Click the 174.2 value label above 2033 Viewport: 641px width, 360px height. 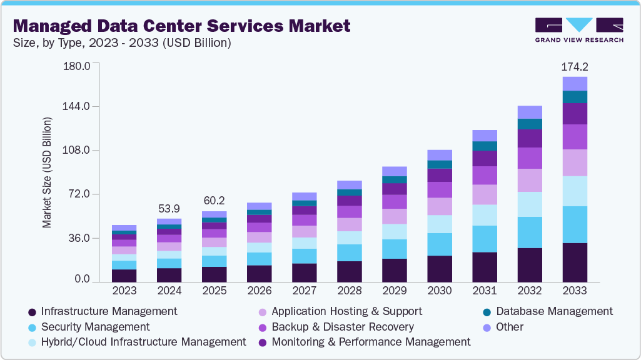575,66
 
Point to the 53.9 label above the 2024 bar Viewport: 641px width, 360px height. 169,207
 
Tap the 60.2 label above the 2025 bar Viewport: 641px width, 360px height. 214,201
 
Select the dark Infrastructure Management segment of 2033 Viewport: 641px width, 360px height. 575,262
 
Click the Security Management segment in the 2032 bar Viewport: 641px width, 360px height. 530,232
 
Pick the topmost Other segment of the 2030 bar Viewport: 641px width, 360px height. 440,155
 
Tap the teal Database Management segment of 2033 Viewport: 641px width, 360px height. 575,97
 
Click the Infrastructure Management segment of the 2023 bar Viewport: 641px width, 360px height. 124,276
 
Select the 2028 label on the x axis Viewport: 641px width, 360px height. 349,291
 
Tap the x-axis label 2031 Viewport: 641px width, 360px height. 485,291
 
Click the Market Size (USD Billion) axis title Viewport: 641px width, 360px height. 47,171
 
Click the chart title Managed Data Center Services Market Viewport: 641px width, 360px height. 182,26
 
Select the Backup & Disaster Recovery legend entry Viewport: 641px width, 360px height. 343,327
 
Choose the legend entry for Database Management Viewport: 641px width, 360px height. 553,311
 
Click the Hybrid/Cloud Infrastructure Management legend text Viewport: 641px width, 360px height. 143,342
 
